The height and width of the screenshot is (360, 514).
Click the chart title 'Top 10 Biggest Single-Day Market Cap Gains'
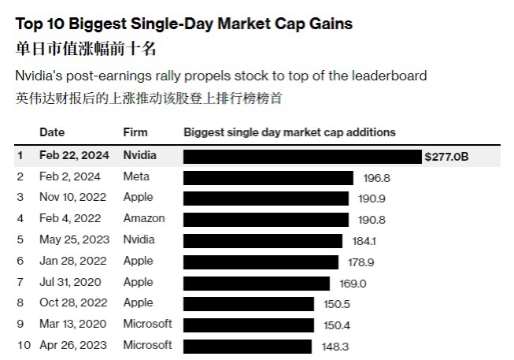click(x=183, y=24)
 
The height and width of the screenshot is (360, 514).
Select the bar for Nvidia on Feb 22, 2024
click(x=302, y=156)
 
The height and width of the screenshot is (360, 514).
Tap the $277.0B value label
click(x=446, y=156)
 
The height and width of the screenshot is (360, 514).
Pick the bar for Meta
click(x=271, y=177)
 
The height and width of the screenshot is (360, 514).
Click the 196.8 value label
click(x=377, y=178)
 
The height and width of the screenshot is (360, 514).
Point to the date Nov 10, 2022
click(x=68, y=197)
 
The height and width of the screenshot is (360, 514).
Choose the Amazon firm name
click(x=143, y=218)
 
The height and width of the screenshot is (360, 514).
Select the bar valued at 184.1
click(x=263, y=240)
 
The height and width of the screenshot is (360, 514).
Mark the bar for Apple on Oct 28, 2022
click(x=249, y=303)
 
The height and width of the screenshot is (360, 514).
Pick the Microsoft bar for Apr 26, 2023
click(x=248, y=345)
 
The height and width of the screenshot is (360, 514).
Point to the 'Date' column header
click(x=53, y=132)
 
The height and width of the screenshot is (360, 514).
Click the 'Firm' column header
click(x=135, y=132)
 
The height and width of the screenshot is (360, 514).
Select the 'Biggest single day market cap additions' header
click(x=289, y=132)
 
